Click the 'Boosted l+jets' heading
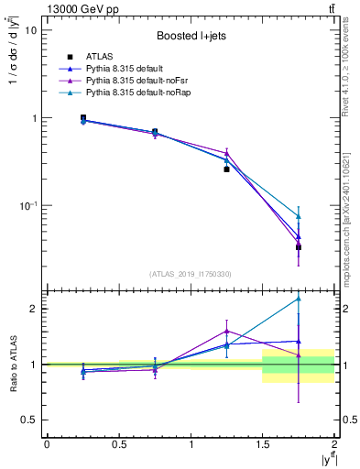[x=190, y=36]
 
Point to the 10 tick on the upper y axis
[x=29, y=29]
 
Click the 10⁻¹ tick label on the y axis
[x=27, y=206]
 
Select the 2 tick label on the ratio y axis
[x=34, y=309]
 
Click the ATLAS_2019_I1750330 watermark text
[x=190, y=273]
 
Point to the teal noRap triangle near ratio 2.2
[x=299, y=299]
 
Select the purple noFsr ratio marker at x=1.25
[x=226, y=331]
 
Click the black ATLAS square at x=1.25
[x=226, y=169]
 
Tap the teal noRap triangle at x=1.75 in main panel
[x=299, y=216]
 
